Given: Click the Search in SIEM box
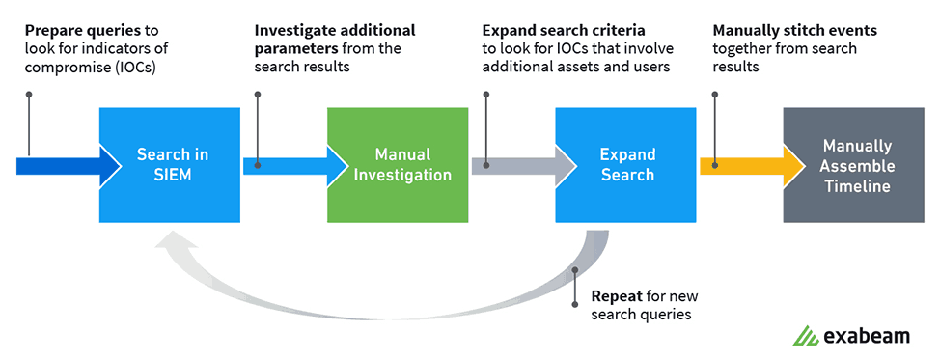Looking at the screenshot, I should (x=171, y=165).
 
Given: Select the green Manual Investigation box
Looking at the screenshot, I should (x=399, y=165).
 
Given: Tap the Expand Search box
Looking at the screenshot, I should (x=626, y=165).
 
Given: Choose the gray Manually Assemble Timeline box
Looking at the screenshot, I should (x=854, y=165).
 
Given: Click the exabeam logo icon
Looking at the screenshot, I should (x=805, y=336).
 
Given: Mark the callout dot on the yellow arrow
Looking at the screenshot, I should (x=713, y=165).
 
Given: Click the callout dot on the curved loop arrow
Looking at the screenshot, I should (x=576, y=271).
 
